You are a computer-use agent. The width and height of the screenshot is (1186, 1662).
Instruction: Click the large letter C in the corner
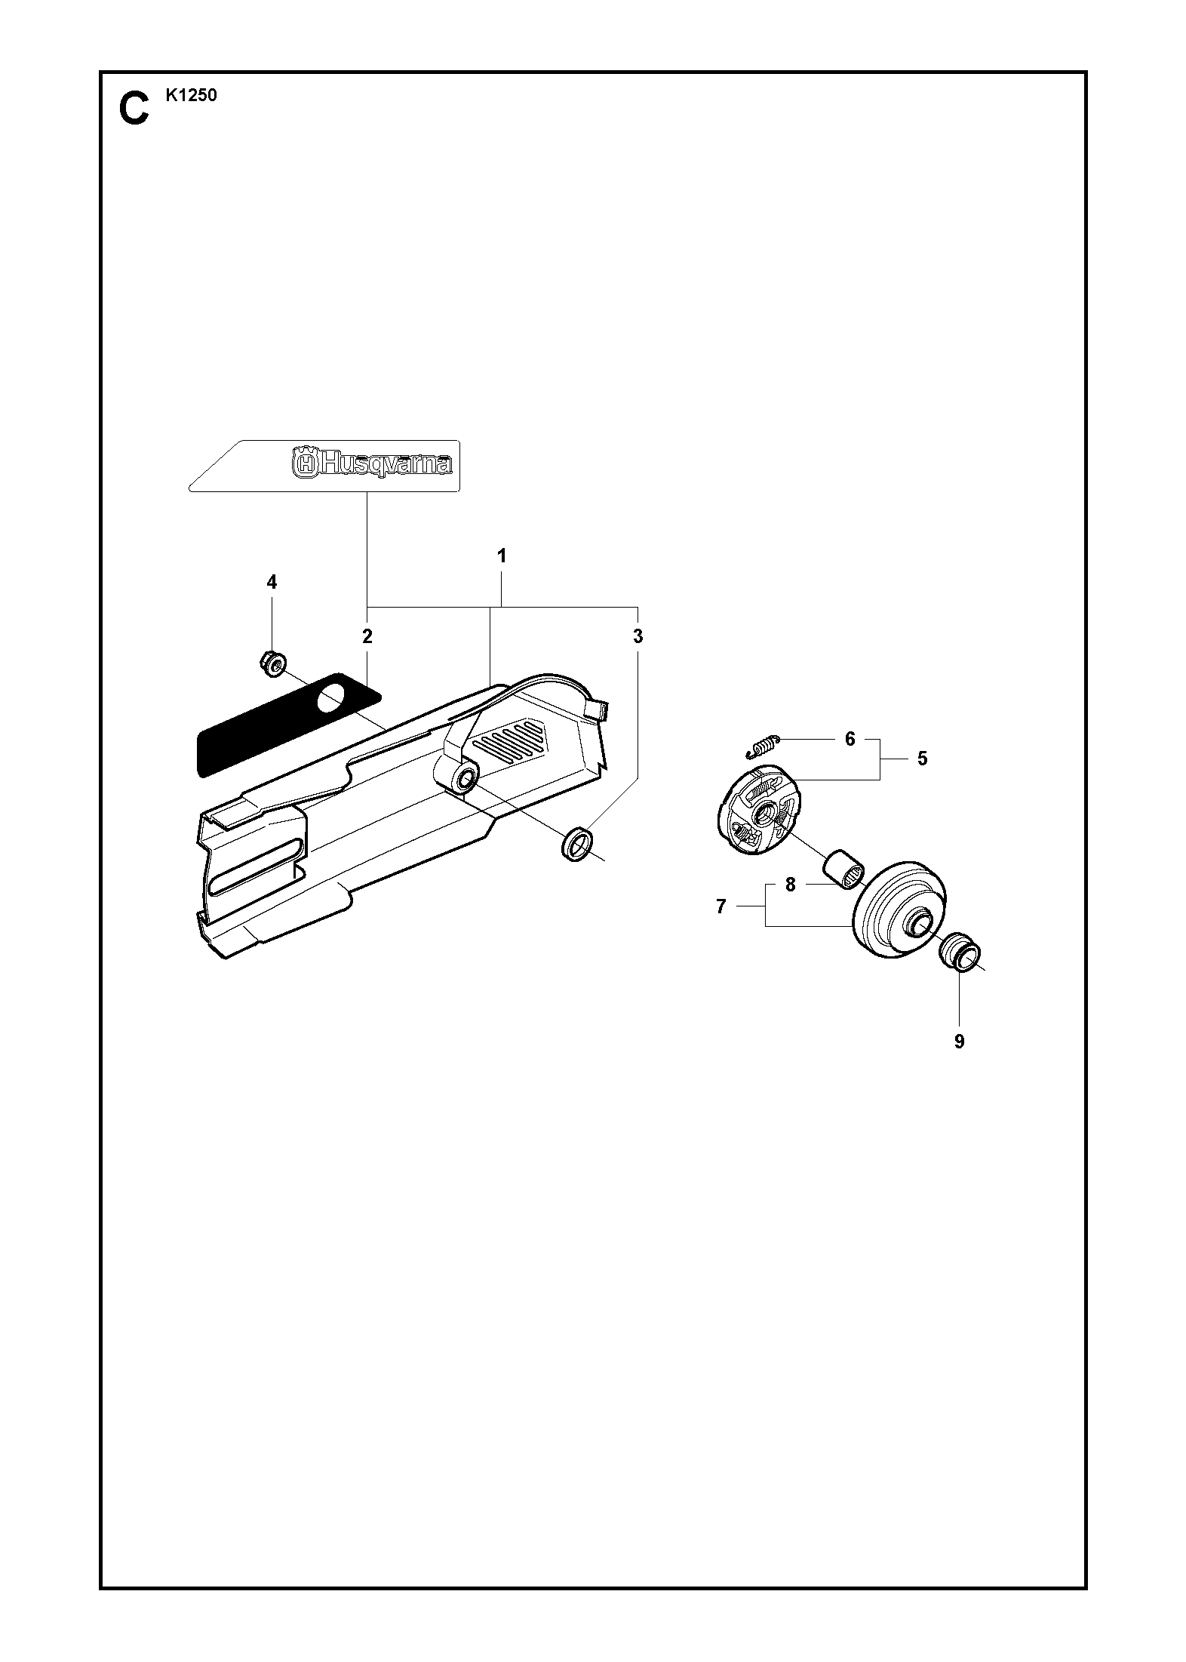(134, 109)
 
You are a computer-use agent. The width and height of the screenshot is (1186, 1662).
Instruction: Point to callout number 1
(501, 556)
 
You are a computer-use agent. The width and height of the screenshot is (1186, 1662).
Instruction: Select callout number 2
(367, 636)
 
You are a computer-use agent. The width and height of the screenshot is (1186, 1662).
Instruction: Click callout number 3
(638, 636)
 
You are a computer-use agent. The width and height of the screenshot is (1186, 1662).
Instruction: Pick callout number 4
(272, 582)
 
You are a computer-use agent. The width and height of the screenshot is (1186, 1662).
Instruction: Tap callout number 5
(922, 759)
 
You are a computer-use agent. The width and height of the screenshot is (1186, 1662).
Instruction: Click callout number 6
(850, 739)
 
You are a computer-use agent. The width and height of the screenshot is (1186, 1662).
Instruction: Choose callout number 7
(721, 906)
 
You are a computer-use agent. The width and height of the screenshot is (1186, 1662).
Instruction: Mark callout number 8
(791, 885)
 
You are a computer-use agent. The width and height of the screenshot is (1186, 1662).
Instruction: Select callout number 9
(959, 1042)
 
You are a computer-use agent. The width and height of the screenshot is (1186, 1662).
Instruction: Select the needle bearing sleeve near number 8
(843, 870)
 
